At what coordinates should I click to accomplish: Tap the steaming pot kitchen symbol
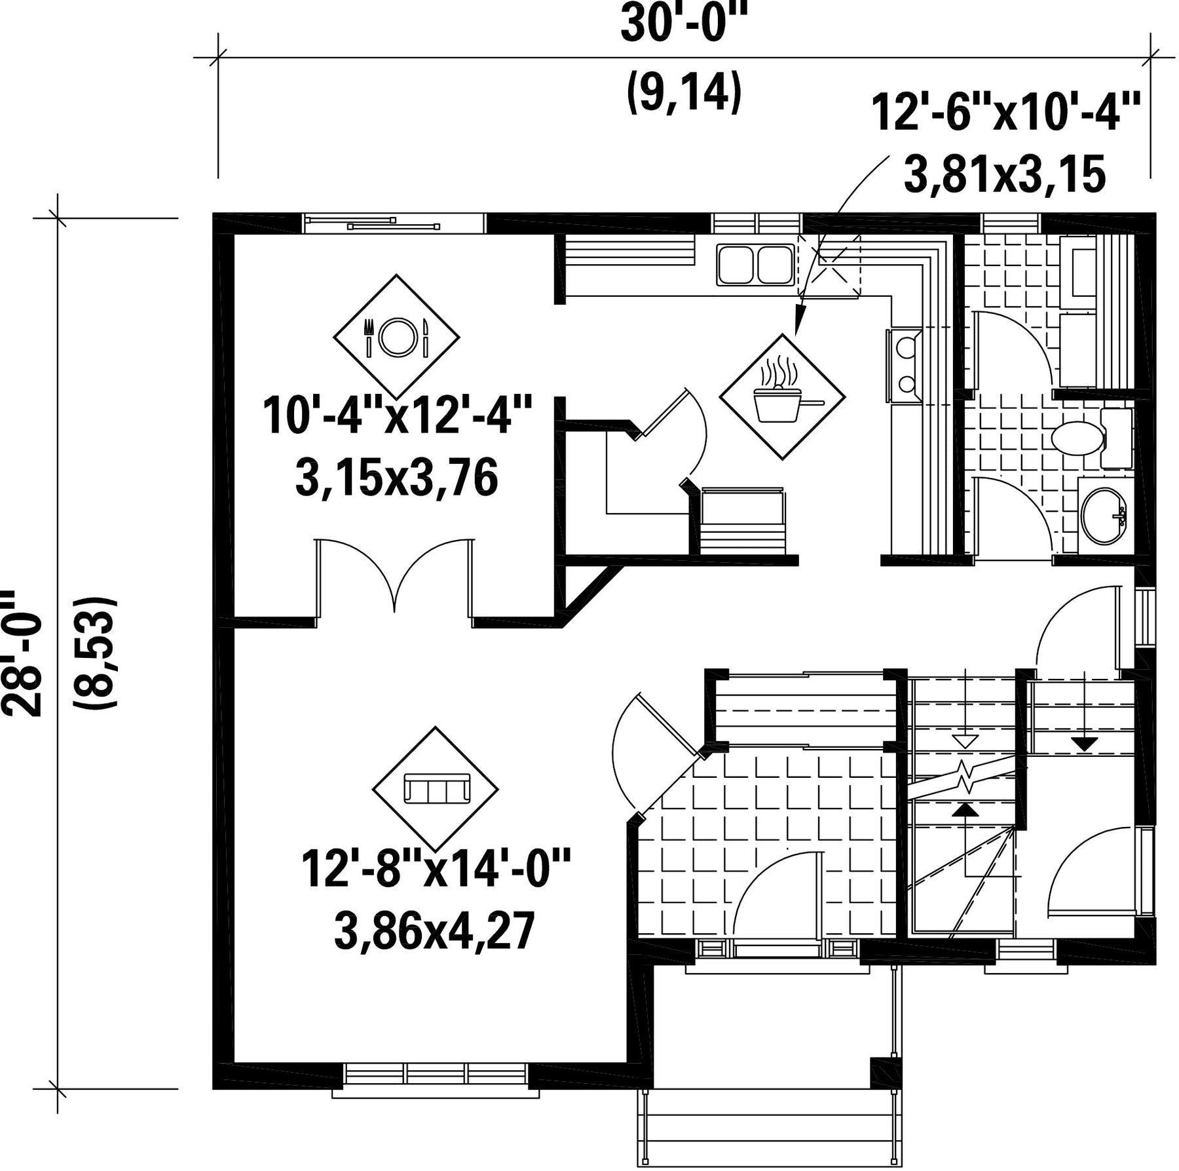point(783,396)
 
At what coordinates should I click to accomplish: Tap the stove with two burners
point(905,366)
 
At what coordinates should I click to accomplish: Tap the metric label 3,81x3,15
point(1005,174)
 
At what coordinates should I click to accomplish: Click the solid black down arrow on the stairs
point(1084,743)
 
